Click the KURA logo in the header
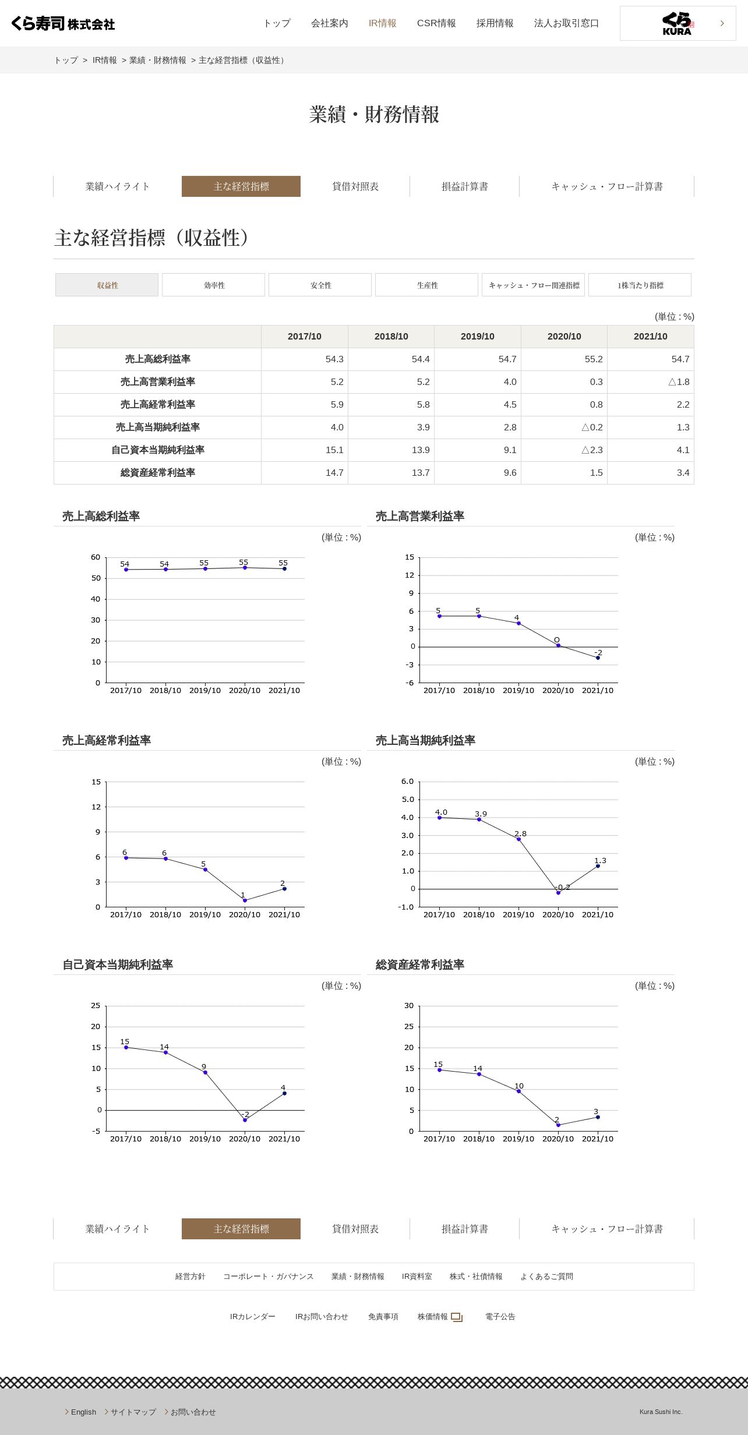[x=677, y=23]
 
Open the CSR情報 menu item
[x=436, y=23]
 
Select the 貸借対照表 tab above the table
[x=355, y=186]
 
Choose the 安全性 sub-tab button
[x=320, y=285]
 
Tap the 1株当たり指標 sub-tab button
[x=640, y=285]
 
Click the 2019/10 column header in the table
[x=477, y=337]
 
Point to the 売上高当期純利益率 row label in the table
[x=157, y=427]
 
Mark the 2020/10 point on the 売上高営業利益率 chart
[x=558, y=645]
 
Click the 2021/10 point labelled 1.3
[x=598, y=866]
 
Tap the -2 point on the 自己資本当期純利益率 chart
[x=245, y=1120]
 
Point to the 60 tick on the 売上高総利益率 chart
[x=96, y=557]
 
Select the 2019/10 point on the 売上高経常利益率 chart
[x=205, y=870]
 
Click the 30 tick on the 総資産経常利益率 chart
[x=409, y=1006]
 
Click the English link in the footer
[x=83, y=1412]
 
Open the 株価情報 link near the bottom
[x=433, y=1317]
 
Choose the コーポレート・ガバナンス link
[x=268, y=1277]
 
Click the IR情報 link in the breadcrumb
[x=104, y=61]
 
